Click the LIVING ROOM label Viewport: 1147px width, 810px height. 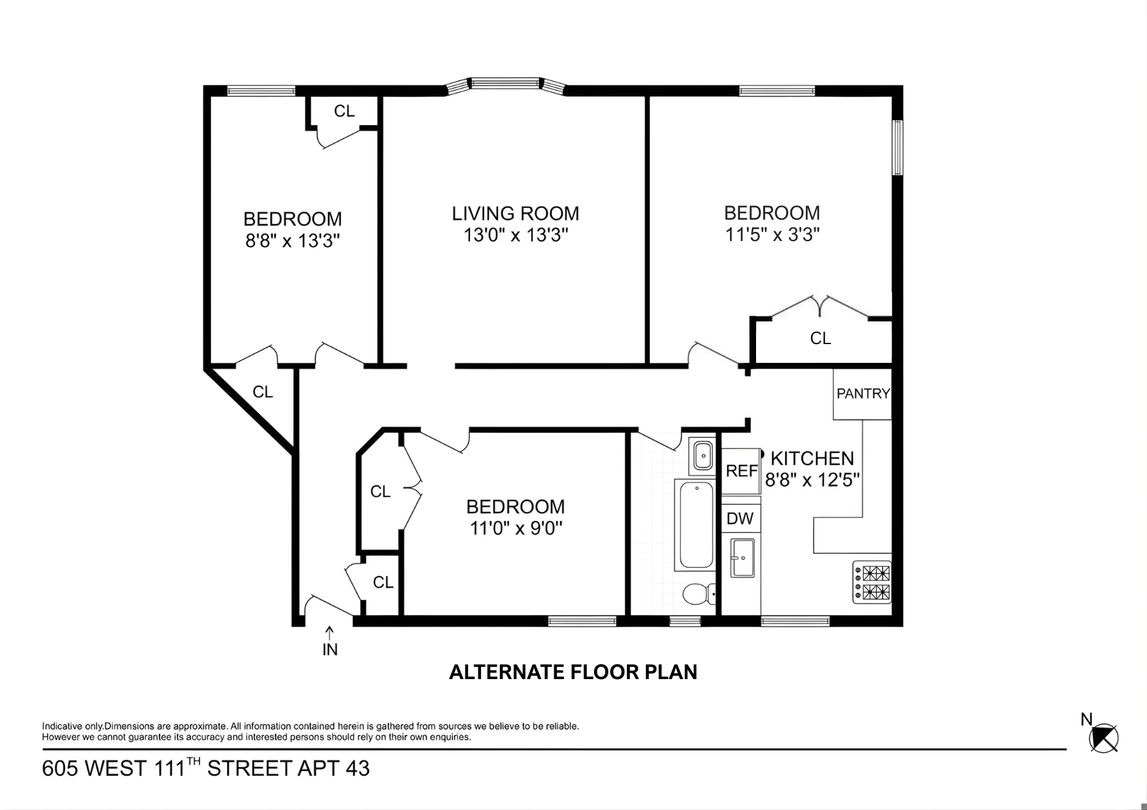click(x=515, y=214)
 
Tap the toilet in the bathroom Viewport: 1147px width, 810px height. click(x=698, y=593)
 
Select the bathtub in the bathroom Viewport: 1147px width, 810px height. click(x=695, y=525)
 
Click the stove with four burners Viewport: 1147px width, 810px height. click(x=872, y=582)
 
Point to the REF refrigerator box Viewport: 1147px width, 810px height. click(x=741, y=470)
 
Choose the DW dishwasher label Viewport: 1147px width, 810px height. click(x=740, y=518)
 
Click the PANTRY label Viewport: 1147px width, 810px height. click(x=863, y=393)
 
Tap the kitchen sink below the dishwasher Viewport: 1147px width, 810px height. click(x=742, y=557)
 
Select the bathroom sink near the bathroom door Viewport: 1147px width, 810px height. click(x=703, y=456)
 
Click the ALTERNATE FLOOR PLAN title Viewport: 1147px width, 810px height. click(x=573, y=672)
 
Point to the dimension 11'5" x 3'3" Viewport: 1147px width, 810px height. click(x=772, y=235)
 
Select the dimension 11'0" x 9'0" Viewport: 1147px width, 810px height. click(x=515, y=529)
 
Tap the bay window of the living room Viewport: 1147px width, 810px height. click(x=505, y=84)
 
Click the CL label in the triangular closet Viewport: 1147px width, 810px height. click(x=263, y=392)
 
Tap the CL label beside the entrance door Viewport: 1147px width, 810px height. click(x=383, y=583)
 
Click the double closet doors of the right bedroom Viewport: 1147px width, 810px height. click(x=820, y=307)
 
